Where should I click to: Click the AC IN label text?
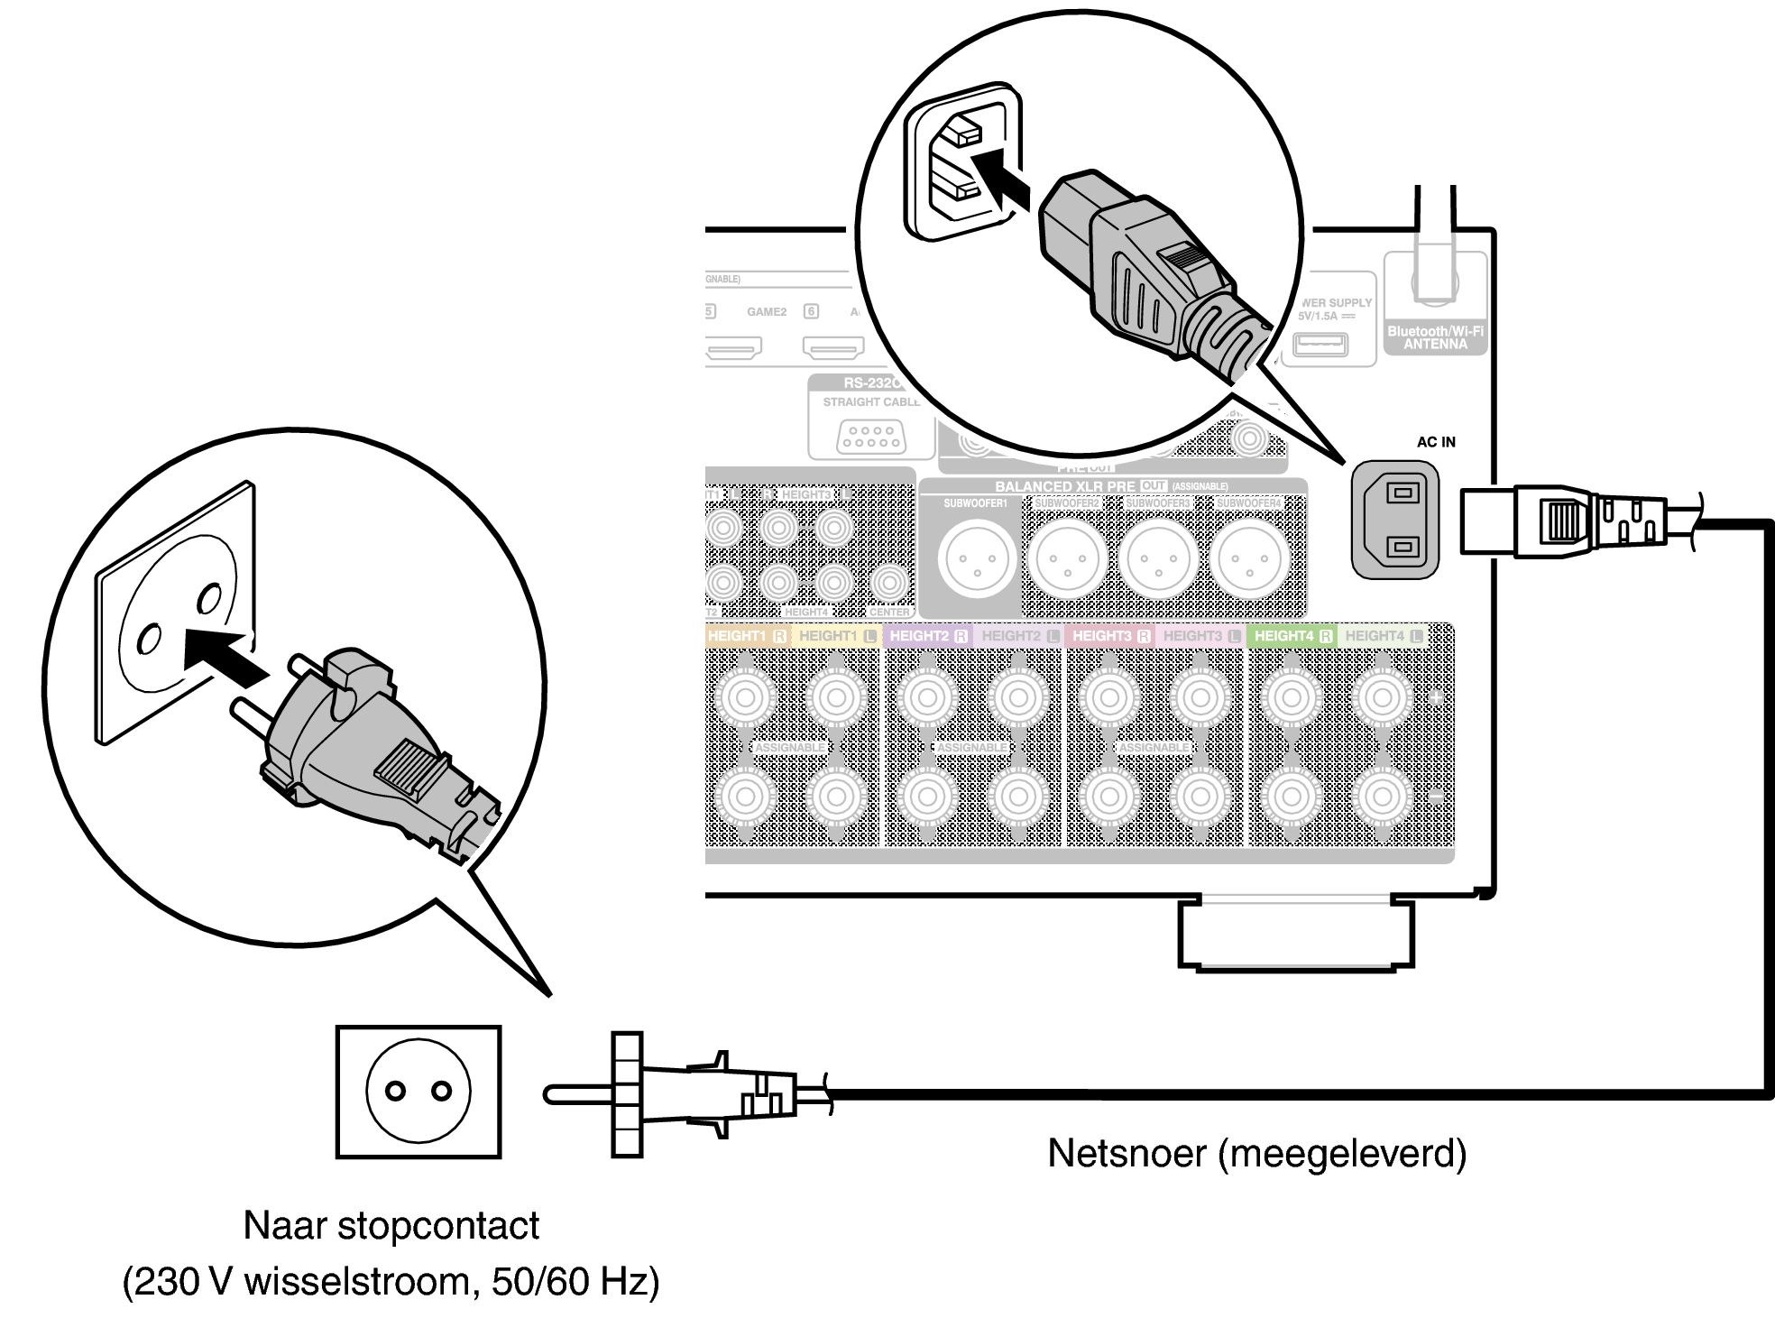click(x=1436, y=442)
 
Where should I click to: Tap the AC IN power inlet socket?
click(x=1395, y=520)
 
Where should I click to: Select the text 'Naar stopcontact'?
click(x=391, y=1226)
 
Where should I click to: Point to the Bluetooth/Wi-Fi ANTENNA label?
click(x=1435, y=337)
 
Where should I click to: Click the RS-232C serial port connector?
click(x=871, y=438)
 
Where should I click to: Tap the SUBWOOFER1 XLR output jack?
click(x=977, y=559)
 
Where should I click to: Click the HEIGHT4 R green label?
click(x=1292, y=636)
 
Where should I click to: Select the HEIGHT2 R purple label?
click(x=928, y=636)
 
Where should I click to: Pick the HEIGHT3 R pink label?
click(x=1110, y=636)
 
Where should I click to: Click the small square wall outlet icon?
click(x=418, y=1092)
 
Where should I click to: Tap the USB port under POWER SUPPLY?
click(x=1320, y=345)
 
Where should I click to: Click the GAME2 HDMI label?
click(x=767, y=312)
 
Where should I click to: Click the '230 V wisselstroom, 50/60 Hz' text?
click(x=391, y=1282)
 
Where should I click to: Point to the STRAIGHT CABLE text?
click(x=871, y=402)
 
